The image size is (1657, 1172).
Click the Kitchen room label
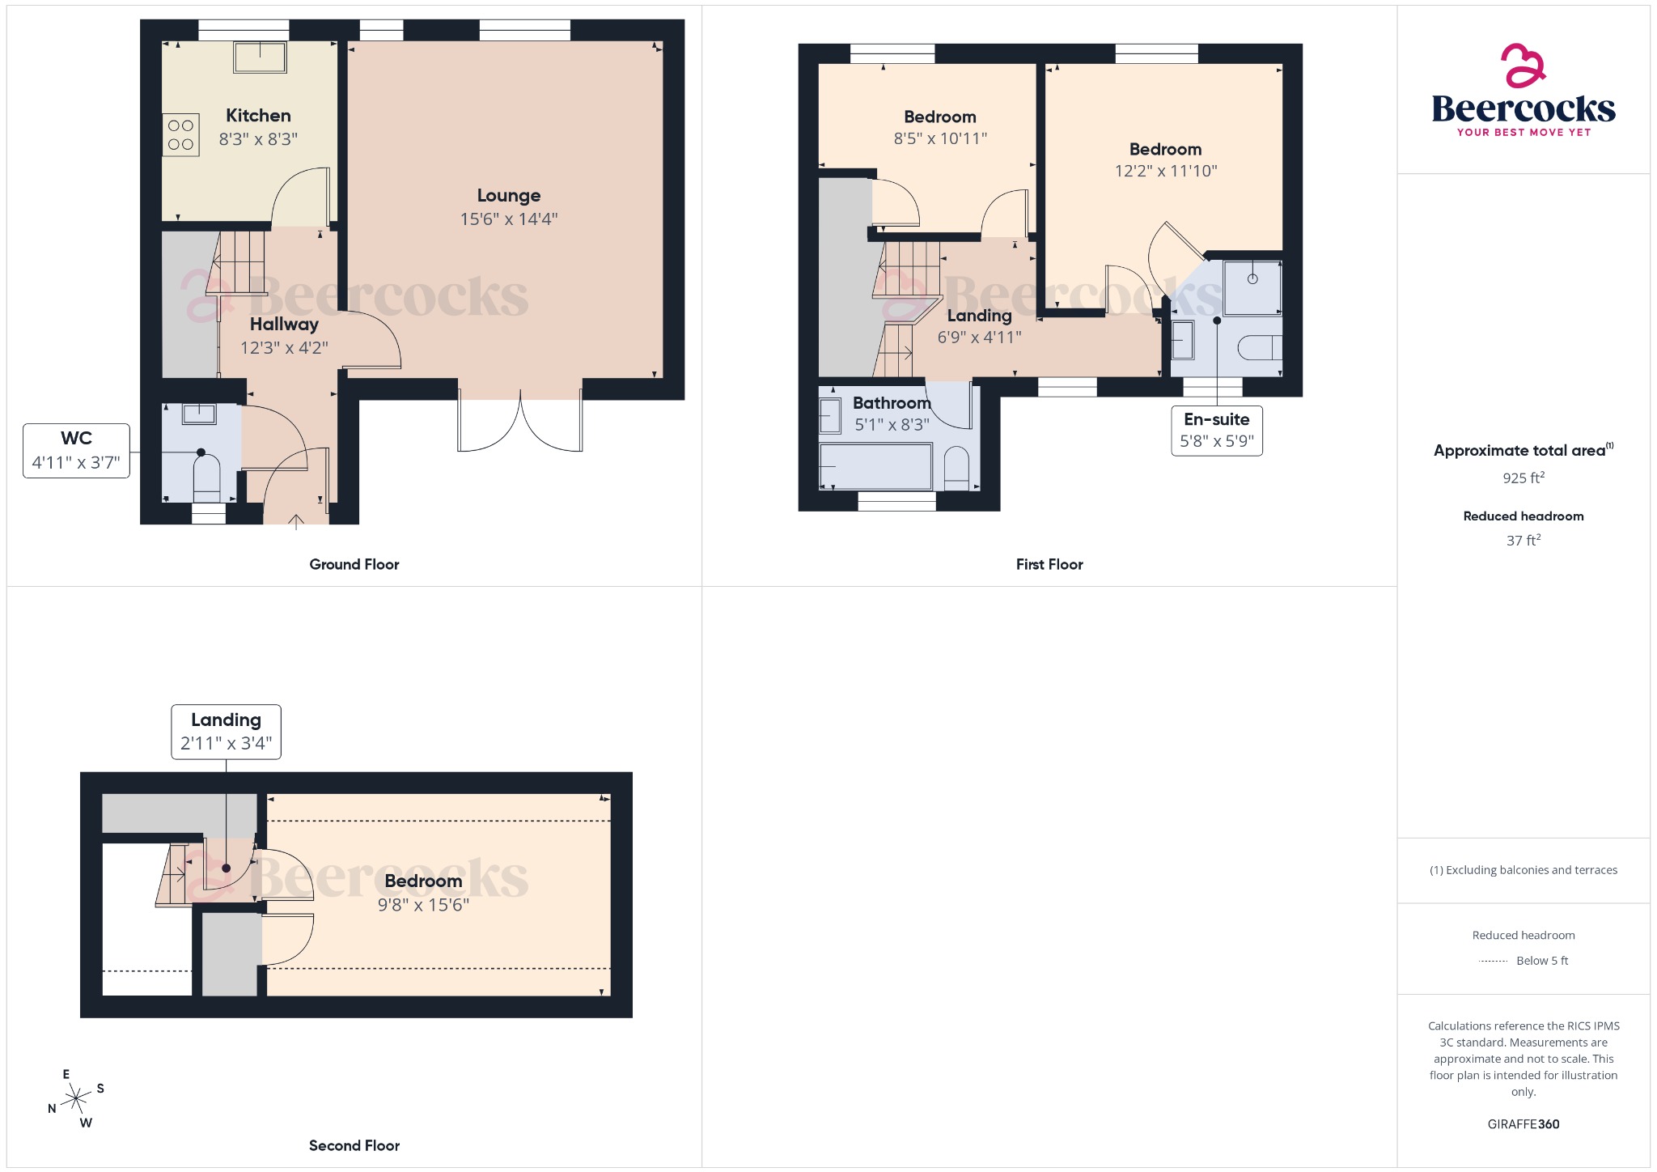(258, 116)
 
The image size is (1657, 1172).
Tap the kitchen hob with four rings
(181, 135)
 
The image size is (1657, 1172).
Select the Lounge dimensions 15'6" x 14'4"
(508, 219)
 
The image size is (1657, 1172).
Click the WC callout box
(76, 450)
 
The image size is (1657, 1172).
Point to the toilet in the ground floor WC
(207, 478)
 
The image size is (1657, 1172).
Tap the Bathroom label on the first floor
(892, 403)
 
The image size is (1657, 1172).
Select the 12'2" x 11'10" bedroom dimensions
(1165, 171)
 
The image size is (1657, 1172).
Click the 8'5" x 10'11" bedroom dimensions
(939, 138)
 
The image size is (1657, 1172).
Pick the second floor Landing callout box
(226, 731)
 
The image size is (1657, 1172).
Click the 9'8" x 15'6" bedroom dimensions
(423, 905)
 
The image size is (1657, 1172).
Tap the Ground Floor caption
(354, 564)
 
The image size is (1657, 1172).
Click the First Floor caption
(1049, 564)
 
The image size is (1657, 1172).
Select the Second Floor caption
(354, 1145)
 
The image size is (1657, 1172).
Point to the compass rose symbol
(77, 1098)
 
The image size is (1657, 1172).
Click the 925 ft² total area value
(1523, 478)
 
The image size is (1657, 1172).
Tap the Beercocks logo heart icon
(1522, 66)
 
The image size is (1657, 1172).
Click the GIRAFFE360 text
(1523, 1123)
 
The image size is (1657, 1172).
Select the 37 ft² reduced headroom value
(1523, 540)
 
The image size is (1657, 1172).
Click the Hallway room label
(284, 325)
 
